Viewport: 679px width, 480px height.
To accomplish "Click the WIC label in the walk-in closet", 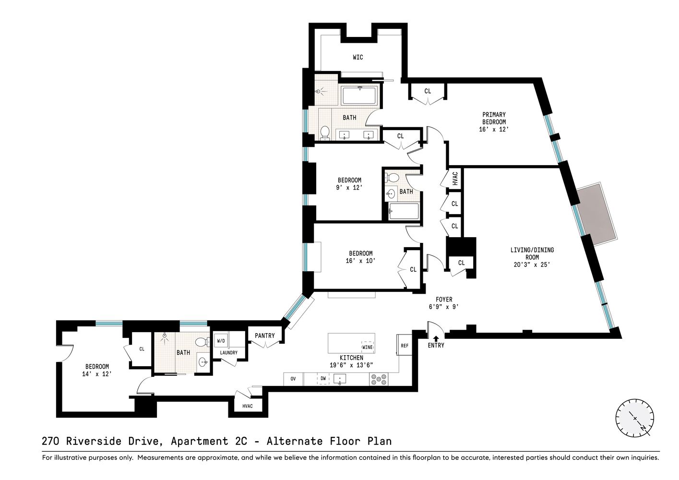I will [x=358, y=57].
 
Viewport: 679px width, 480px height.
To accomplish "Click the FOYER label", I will [x=444, y=300].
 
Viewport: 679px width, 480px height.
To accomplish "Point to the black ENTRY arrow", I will [x=436, y=338].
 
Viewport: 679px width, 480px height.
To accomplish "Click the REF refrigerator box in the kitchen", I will [x=405, y=345].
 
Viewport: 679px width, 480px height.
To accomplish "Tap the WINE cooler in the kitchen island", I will [x=367, y=347].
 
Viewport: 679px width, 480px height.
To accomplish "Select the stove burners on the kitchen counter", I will [x=379, y=379].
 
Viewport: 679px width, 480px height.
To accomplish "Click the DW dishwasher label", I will [x=323, y=379].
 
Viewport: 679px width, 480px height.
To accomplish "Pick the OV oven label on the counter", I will [x=293, y=379].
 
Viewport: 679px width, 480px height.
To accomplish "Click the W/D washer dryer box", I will [x=221, y=341].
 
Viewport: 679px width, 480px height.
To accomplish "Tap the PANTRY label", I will [x=264, y=336].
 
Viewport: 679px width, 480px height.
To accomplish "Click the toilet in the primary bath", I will [x=325, y=132].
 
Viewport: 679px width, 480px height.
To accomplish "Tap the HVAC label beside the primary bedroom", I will [x=455, y=179].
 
